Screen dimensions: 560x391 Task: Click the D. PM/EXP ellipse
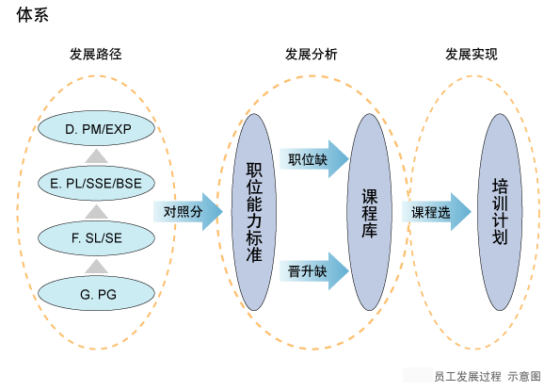click(96, 128)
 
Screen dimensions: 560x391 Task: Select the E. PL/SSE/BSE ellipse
click(96, 183)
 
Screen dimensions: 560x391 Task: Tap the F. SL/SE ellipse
click(96, 238)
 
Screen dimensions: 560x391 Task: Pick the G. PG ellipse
click(96, 293)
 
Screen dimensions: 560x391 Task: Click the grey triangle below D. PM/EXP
click(96, 157)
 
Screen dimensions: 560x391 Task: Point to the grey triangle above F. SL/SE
click(96, 212)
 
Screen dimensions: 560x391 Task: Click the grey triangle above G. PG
click(96, 267)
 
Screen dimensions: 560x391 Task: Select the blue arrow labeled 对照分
click(188, 212)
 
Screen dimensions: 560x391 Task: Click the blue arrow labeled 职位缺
click(314, 159)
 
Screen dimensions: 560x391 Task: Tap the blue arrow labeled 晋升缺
click(314, 271)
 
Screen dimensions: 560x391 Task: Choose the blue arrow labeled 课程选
click(437, 212)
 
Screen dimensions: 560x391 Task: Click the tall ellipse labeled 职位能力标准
click(254, 212)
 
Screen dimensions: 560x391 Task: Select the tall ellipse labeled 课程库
click(369, 212)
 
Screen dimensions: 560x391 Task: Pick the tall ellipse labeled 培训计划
click(500, 212)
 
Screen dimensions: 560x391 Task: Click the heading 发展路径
click(96, 55)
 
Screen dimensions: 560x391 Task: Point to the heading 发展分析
click(312, 55)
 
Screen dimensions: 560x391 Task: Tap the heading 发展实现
click(472, 55)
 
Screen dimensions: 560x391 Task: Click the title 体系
click(33, 15)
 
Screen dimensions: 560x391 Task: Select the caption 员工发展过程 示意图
click(488, 376)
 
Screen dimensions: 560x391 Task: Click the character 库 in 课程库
click(369, 230)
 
